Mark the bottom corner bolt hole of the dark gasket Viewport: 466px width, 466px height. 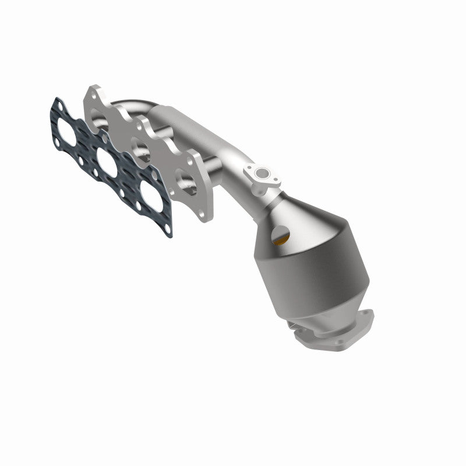pyautogui.click(x=168, y=230)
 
